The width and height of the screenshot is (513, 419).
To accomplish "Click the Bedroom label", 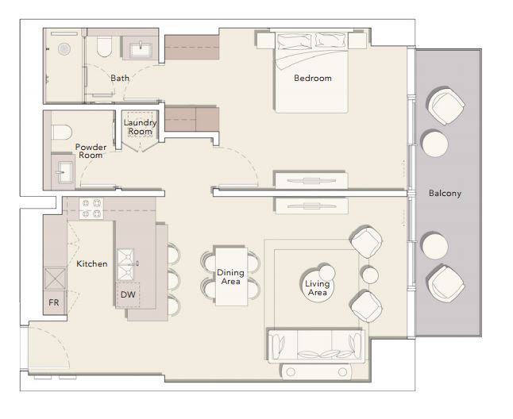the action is [313, 78].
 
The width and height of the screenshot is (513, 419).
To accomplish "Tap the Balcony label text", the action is [445, 193].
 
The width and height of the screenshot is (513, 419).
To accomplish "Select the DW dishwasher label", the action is [128, 294].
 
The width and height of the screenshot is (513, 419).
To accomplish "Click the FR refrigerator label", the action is [54, 302].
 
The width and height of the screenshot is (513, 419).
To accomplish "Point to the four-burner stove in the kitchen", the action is [91, 209].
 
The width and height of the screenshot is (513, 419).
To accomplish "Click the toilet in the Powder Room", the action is [61, 132].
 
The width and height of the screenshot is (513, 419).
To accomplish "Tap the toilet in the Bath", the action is [105, 46].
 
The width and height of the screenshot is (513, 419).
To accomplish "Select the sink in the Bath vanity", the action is [141, 49].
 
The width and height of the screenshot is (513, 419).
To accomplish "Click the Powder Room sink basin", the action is [64, 172].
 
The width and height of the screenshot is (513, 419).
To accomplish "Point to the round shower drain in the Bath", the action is [64, 49].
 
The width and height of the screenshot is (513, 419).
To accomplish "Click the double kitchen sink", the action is [125, 265].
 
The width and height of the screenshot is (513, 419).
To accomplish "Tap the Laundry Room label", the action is [140, 127].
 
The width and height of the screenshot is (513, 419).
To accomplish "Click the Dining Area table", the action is [231, 276].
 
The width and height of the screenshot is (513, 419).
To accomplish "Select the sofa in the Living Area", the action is [316, 346].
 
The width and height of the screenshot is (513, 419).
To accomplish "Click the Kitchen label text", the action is [92, 263].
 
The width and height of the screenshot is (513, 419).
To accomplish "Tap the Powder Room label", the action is [91, 151].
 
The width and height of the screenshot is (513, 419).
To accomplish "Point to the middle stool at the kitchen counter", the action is [174, 280].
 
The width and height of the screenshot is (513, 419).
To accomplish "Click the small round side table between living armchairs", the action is [370, 275].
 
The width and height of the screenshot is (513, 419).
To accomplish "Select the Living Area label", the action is [318, 288].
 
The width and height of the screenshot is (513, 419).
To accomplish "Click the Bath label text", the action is [120, 78].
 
